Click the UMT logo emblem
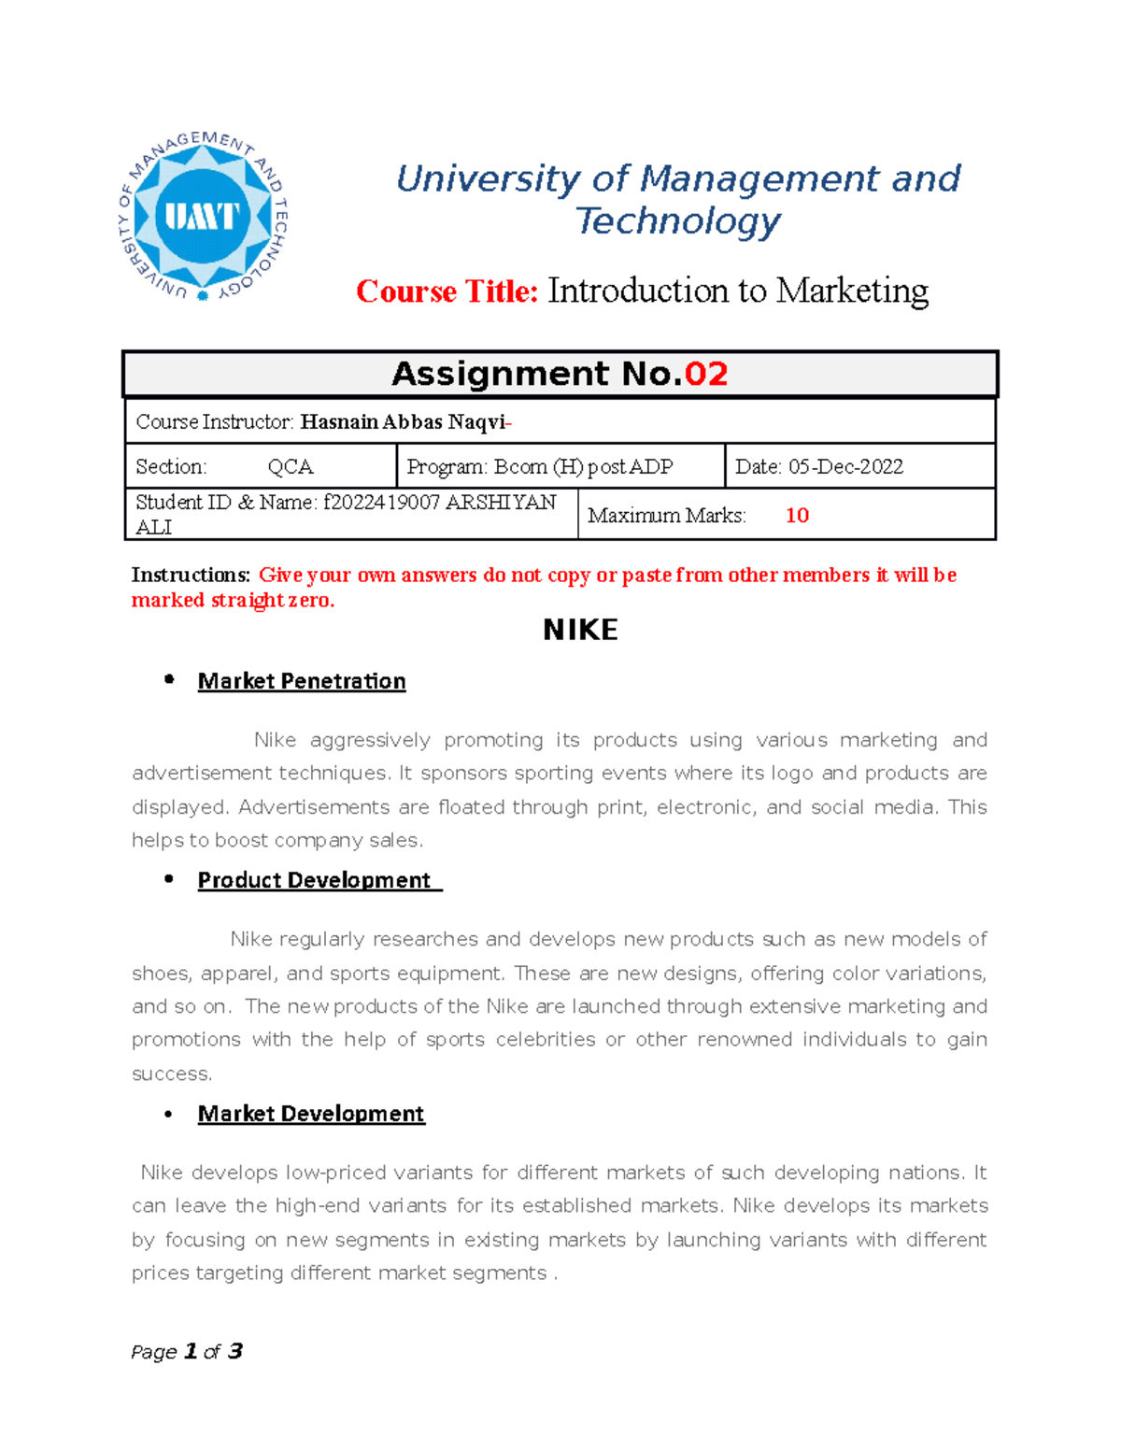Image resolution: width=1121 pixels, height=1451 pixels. (x=203, y=217)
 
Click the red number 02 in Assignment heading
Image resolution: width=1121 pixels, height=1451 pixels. (x=705, y=374)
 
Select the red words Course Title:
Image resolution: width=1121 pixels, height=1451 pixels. (x=447, y=292)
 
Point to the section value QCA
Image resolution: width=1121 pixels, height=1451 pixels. (x=291, y=467)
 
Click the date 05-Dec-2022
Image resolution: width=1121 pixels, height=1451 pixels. (x=845, y=467)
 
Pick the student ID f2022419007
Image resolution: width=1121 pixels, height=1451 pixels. (x=381, y=503)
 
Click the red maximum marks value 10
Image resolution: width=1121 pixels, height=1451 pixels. (x=797, y=516)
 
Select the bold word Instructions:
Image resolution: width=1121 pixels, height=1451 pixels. (x=191, y=576)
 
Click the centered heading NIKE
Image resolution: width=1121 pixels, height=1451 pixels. (x=580, y=630)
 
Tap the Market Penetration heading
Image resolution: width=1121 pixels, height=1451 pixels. (x=302, y=681)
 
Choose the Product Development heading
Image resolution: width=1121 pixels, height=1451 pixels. (x=314, y=880)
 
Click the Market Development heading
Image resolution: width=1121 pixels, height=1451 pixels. (x=311, y=1114)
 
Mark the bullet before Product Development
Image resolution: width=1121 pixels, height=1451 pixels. (x=169, y=879)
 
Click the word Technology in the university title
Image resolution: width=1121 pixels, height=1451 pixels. (x=677, y=221)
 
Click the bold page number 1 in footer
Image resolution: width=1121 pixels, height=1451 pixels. (x=191, y=1351)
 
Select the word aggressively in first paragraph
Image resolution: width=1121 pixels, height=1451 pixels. (x=370, y=740)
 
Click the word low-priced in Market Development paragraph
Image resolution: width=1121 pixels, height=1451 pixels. (x=336, y=1173)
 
